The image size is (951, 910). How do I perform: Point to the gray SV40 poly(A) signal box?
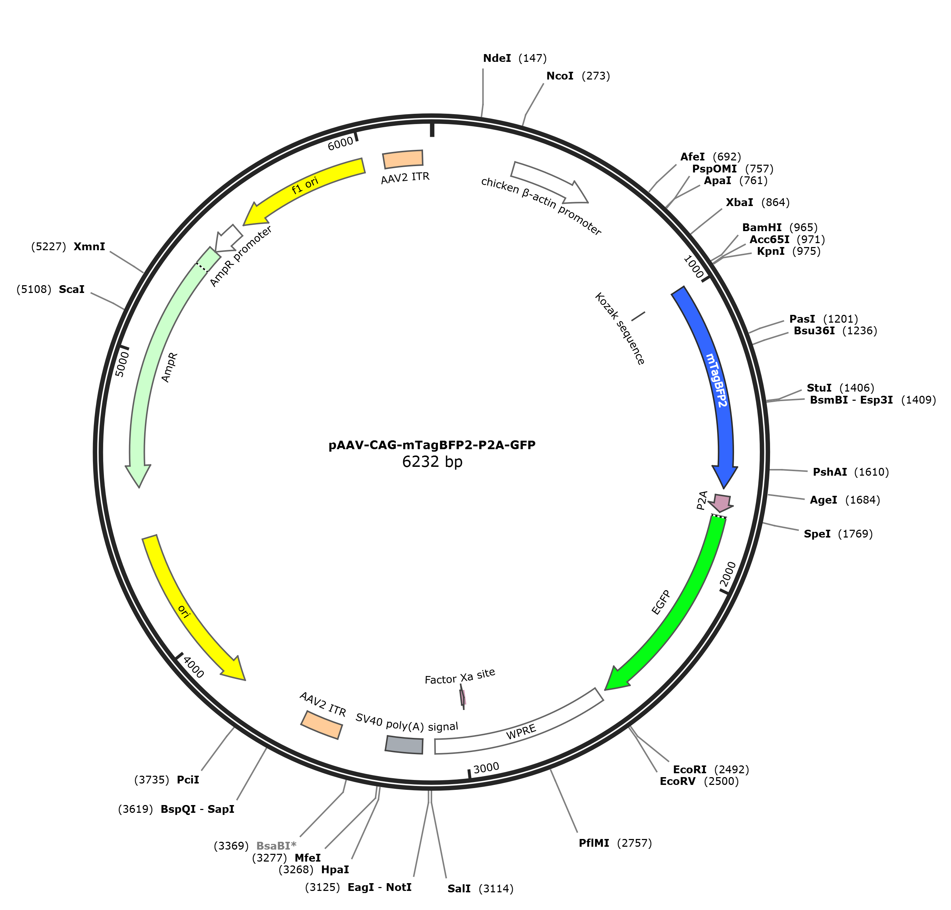pos(404,745)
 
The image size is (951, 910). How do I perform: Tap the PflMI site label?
pos(594,843)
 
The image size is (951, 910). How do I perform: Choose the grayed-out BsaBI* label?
pos(276,846)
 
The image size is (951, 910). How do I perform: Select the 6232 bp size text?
pos(432,461)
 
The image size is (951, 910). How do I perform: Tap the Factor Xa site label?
pos(460,676)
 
